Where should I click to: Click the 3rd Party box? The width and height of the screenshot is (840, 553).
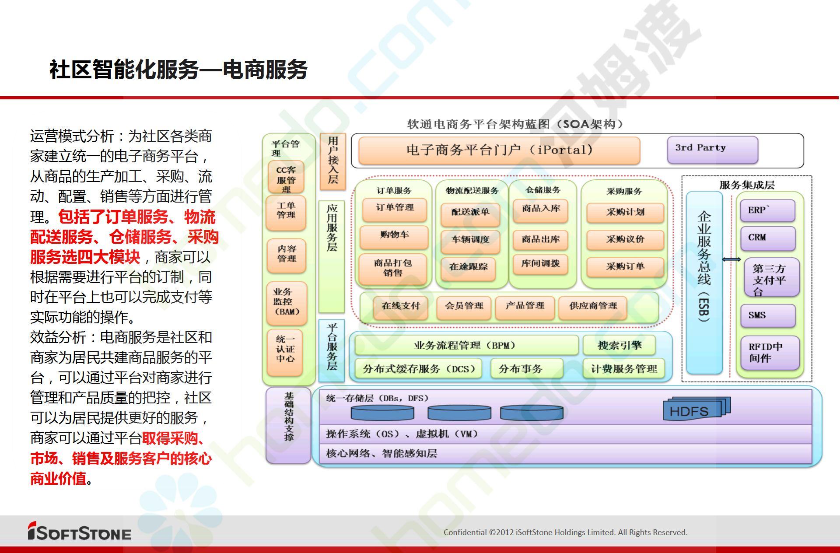712,150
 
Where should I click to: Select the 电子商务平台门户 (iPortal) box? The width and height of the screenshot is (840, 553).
499,150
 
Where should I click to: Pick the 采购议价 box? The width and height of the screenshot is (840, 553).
625,240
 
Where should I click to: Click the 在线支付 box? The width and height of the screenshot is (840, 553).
400,307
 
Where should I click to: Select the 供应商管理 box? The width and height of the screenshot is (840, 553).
593,307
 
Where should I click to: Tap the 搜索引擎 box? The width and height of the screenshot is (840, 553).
619,345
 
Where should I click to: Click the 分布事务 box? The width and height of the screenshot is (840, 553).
526,368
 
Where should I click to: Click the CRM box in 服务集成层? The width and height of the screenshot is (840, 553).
767,238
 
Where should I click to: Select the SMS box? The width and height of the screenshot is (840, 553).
767,315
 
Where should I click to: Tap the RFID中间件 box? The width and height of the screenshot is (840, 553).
770,353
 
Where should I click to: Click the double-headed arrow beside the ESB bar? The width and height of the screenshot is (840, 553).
731,259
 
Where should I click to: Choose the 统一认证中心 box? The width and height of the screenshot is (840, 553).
285,352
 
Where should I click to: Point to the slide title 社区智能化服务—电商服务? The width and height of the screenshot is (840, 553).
178,70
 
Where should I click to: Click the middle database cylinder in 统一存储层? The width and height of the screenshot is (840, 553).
459,413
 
